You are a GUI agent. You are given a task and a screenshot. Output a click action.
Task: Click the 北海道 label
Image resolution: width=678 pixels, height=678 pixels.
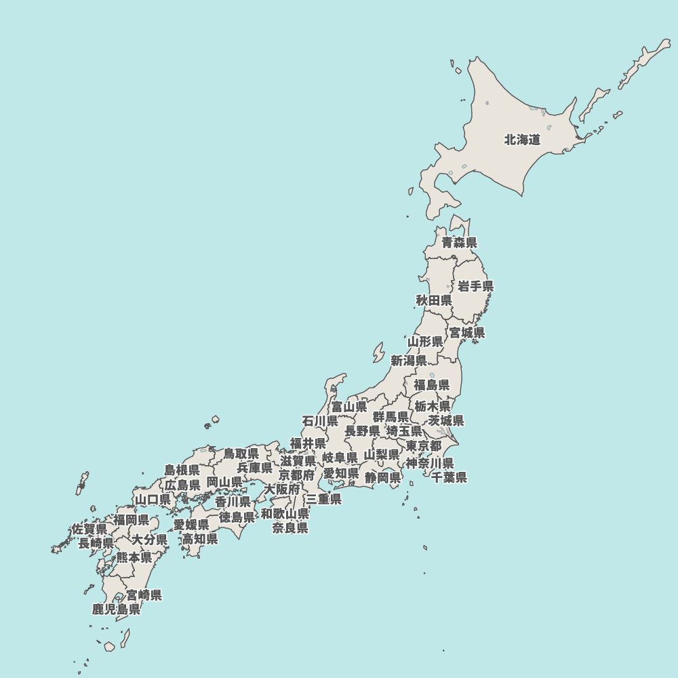tap(522, 140)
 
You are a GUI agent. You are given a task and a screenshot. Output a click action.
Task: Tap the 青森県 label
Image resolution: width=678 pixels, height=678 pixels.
tap(459, 243)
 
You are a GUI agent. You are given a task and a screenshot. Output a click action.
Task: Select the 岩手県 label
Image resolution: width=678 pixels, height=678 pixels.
tap(475, 286)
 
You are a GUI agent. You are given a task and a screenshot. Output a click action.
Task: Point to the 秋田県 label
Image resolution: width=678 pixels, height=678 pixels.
tap(434, 300)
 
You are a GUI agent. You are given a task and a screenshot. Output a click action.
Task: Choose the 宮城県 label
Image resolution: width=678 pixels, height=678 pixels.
tap(467, 333)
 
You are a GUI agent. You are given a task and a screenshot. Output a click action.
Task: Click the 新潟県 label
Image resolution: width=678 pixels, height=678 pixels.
tap(409, 361)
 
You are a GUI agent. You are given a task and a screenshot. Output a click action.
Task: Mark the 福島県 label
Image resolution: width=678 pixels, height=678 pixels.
tap(432, 385)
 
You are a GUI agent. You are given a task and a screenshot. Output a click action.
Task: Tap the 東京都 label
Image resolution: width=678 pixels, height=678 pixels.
tap(424, 446)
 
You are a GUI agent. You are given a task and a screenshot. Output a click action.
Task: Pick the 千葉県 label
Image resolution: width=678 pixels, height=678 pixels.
tap(450, 477)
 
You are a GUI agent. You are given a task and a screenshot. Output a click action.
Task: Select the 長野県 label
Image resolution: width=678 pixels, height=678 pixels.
tap(362, 431)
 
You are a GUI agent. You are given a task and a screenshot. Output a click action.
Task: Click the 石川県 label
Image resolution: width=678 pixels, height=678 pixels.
tap(320, 421)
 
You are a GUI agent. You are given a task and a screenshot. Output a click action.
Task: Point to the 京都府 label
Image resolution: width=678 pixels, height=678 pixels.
tap(297, 475)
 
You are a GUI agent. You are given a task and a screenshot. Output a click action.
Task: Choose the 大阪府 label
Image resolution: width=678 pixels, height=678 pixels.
tap(282, 489)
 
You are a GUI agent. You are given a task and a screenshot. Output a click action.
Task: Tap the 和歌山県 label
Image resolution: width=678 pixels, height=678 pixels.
tap(285, 514)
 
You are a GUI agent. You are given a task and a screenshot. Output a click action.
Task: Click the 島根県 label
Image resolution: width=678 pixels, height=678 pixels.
tap(182, 471)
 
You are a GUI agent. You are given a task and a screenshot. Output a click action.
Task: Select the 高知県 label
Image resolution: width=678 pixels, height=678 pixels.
tap(200, 539)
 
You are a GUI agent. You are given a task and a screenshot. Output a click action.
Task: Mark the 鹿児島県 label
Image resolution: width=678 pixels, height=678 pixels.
tap(117, 610)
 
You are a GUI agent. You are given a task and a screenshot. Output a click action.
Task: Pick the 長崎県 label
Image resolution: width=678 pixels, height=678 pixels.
tap(96, 543)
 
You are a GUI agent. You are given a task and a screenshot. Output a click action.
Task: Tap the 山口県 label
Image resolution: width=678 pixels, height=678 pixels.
tap(153, 500)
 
